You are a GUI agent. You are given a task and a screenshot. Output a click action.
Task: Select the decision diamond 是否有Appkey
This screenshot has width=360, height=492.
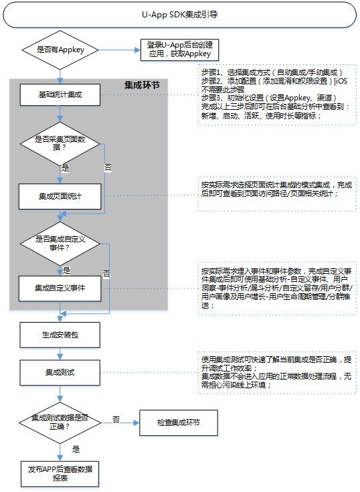click(x=60, y=49)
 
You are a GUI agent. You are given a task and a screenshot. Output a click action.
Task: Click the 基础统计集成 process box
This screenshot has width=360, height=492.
click(x=60, y=95)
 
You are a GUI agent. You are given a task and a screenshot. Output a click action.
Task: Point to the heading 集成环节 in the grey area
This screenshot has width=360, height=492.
click(x=142, y=86)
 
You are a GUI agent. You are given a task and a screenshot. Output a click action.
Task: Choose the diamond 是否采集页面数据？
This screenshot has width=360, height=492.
click(x=60, y=145)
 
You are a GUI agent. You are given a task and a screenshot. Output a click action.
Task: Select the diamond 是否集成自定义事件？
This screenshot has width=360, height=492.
click(x=60, y=243)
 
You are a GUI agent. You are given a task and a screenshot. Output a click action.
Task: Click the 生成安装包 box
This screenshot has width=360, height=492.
click(x=60, y=333)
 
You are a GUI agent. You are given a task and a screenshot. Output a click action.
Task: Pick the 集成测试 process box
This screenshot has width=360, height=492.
click(x=60, y=370)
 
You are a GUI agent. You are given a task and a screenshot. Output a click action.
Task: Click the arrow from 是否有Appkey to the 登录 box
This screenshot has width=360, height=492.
click(x=120, y=49)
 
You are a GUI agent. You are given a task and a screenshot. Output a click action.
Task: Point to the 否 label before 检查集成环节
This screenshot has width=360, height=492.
click(x=116, y=418)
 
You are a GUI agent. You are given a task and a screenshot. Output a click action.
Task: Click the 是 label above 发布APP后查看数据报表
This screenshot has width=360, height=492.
click(x=76, y=449)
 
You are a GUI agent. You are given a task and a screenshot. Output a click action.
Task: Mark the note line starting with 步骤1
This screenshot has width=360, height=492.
click(x=272, y=72)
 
